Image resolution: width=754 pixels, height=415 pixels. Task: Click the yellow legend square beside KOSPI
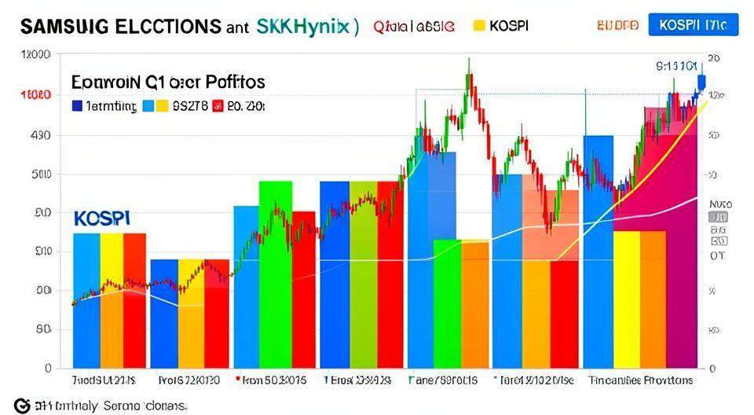point(478,25)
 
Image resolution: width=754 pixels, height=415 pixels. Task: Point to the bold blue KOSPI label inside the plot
point(103,216)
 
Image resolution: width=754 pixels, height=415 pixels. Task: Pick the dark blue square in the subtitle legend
point(77,105)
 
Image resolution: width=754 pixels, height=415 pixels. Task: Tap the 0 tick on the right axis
point(712,368)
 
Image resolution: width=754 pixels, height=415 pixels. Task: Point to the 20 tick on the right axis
point(714,58)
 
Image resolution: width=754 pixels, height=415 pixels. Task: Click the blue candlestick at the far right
point(701,82)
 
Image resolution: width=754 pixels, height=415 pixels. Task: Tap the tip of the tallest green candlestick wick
point(469,58)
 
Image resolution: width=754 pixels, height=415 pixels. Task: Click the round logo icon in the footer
point(22,406)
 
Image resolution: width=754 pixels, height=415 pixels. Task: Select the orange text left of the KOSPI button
point(618,25)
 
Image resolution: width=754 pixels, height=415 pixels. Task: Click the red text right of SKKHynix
point(413,26)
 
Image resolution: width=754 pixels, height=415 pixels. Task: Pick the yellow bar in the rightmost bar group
point(627,299)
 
